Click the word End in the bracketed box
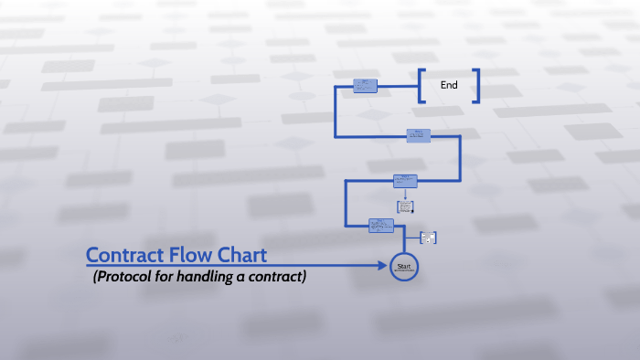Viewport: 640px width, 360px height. pos(449,85)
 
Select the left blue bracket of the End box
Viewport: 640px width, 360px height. pos(421,85)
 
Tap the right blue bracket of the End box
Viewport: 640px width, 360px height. pos(476,85)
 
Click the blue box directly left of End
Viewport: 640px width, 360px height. pos(365,85)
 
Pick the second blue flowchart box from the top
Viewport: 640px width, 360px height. pos(419,135)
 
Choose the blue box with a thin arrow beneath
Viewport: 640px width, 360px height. pos(405,181)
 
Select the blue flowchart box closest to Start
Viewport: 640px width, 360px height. pos(381,225)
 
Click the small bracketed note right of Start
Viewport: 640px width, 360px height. pos(428,238)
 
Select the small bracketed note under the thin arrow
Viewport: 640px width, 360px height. pos(405,207)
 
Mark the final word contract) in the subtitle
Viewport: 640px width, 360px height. pos(275,277)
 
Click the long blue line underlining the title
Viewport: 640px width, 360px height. pos(229,266)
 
